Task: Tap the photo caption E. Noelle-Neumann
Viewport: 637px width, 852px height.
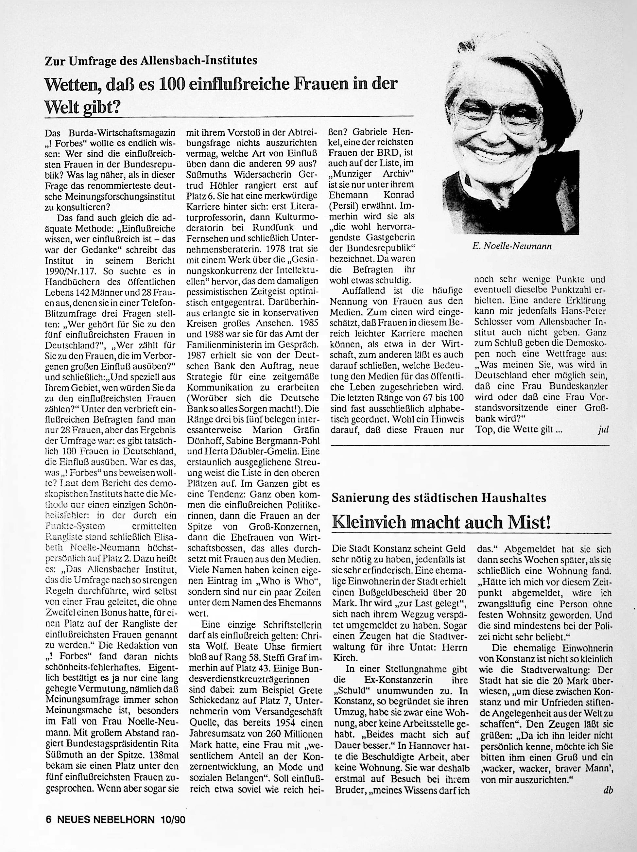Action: [x=511, y=246]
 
